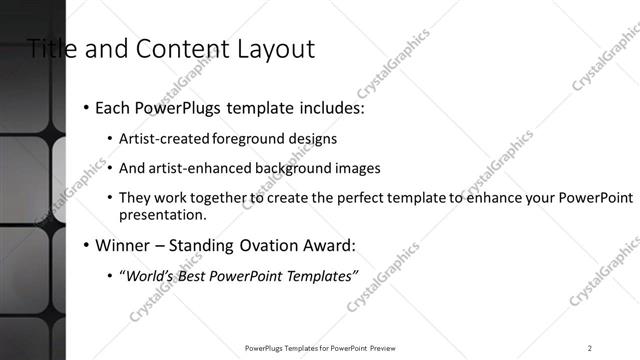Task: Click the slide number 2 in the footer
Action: click(x=590, y=348)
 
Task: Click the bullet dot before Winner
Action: click(x=86, y=245)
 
